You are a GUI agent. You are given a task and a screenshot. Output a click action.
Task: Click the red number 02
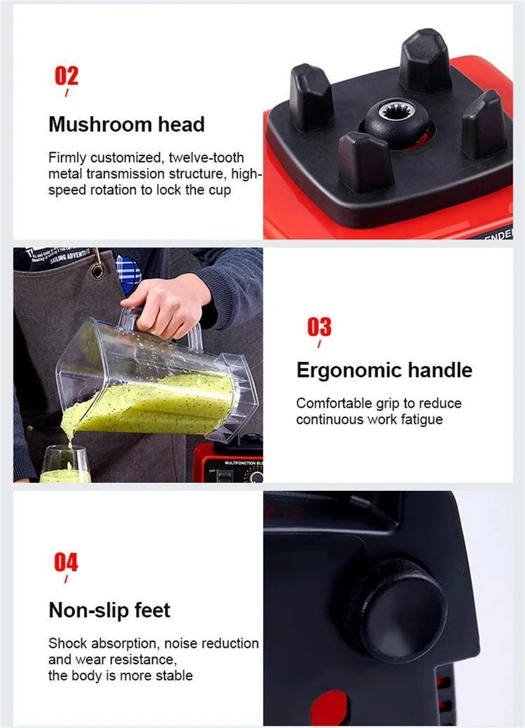point(66,75)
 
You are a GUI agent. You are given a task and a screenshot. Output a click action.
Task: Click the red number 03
point(320,326)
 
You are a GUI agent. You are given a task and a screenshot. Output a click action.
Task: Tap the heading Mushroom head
point(126,124)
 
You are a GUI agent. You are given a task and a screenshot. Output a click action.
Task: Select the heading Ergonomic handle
point(384,370)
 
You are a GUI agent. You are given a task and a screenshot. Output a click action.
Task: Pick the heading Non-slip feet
point(109,610)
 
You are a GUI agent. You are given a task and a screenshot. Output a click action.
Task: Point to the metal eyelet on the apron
point(97,270)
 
